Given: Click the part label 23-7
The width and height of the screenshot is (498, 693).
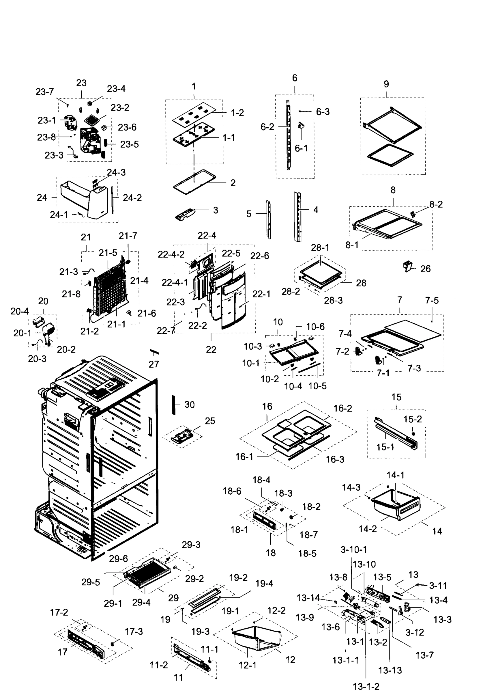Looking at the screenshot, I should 45,92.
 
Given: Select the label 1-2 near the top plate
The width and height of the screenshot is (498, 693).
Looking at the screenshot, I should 237,113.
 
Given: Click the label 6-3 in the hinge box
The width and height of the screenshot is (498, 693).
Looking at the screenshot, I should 323,112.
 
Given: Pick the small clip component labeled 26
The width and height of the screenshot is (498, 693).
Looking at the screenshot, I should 408,267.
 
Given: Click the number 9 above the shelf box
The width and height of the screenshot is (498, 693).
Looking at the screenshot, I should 386,84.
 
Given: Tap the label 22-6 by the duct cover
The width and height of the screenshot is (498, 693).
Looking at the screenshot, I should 260,256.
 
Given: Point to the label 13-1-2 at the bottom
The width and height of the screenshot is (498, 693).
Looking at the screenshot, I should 366,687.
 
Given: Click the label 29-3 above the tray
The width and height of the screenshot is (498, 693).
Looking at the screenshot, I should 191,545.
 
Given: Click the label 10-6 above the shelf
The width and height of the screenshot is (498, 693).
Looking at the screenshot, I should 315,327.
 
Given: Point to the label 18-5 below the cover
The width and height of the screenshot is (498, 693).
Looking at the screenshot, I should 307,554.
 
